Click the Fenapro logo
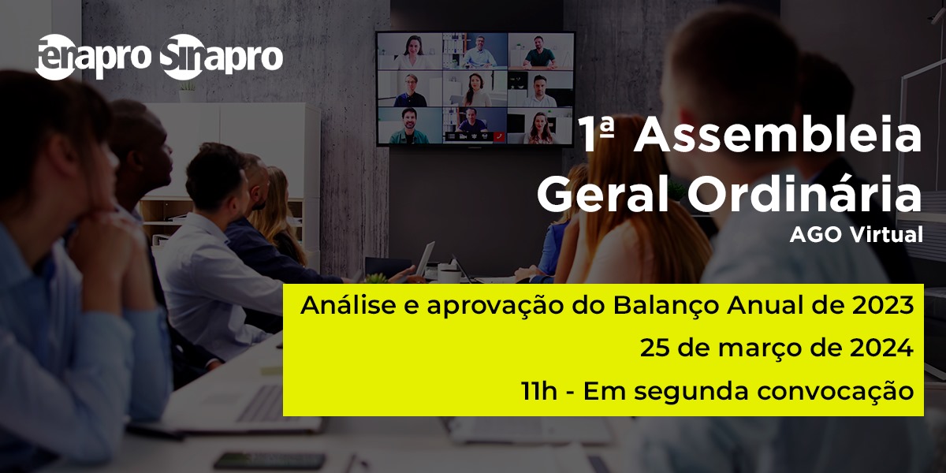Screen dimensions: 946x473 coord(92,57)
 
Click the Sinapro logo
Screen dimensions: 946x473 coord(222,57)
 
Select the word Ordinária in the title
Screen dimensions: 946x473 coord(805,194)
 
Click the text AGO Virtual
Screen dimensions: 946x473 coord(856,235)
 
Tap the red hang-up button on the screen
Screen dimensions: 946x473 coord(499,136)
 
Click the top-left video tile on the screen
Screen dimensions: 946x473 coord(410,51)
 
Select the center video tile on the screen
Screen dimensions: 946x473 coord(475,88)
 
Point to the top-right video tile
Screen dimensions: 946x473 coord(541,51)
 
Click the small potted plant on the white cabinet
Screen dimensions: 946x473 coord(187,91)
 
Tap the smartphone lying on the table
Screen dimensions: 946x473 coord(270,460)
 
